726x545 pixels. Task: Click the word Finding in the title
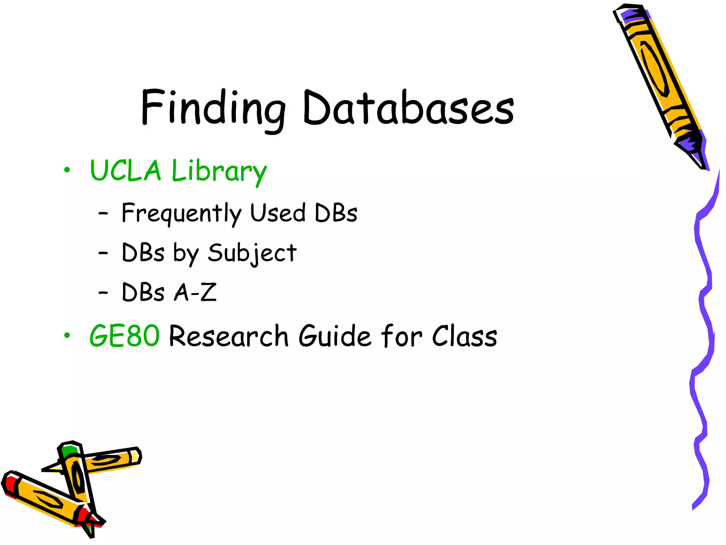[x=213, y=108]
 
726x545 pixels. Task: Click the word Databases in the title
[x=408, y=108]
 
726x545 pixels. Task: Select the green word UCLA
[x=126, y=171]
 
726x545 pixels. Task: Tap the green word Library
[x=219, y=172]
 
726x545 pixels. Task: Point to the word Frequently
[x=181, y=214]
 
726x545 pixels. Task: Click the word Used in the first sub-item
[x=278, y=213]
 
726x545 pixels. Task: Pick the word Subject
[x=252, y=253]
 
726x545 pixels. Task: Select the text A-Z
[x=195, y=293]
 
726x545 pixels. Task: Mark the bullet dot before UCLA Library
[x=67, y=170]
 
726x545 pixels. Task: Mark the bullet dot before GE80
[x=67, y=335]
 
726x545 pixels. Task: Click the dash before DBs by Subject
[x=103, y=253]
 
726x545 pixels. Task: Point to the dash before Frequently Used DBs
[x=103, y=214]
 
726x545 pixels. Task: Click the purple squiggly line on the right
[x=704, y=319]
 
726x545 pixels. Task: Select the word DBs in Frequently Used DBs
[x=336, y=213]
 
